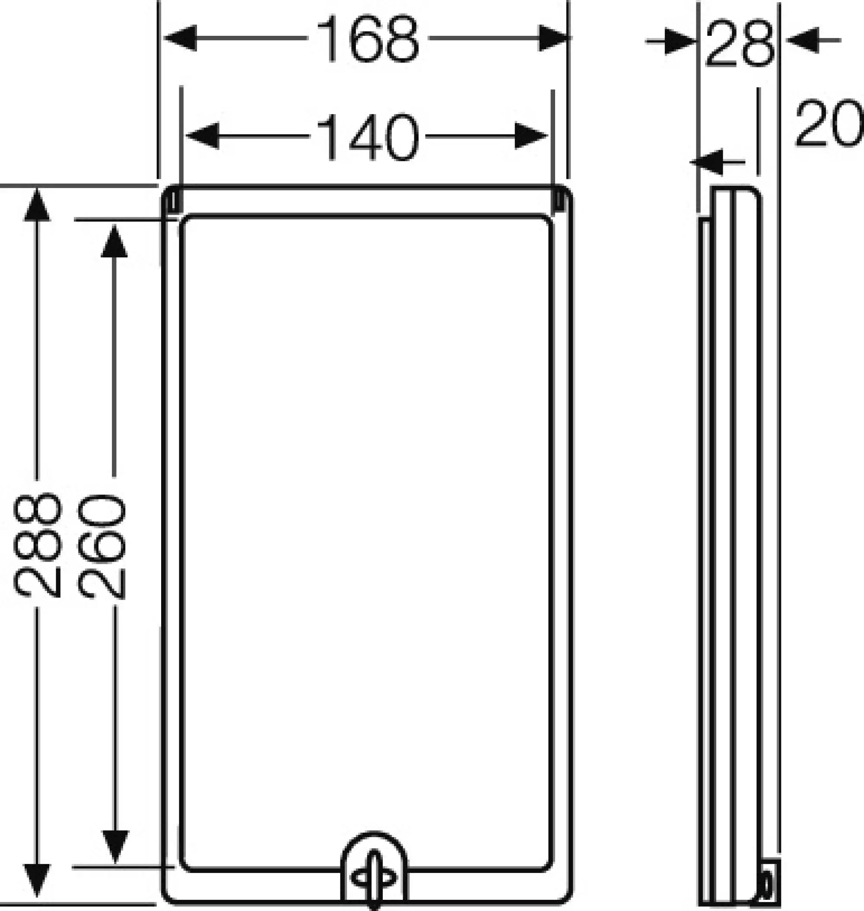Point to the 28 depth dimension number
739,42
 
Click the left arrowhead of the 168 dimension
181,38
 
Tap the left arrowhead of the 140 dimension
203,136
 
